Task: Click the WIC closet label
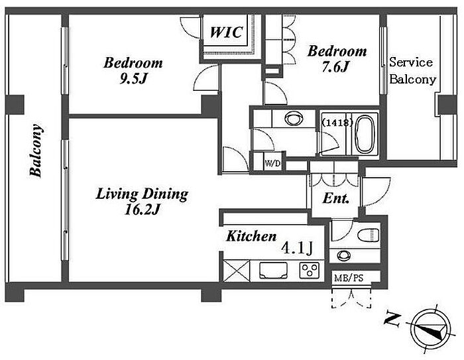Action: click(x=227, y=32)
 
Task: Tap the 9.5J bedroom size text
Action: click(x=133, y=78)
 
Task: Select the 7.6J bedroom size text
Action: click(x=335, y=67)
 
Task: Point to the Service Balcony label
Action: click(x=412, y=70)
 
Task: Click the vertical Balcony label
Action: click(x=36, y=150)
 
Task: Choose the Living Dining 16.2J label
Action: click(x=142, y=202)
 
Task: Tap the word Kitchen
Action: click(x=251, y=236)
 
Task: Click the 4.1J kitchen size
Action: click(x=297, y=248)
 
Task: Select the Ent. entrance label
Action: click(x=335, y=198)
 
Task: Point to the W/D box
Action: click(x=272, y=163)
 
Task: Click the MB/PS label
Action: click(x=349, y=278)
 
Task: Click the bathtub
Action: click(x=365, y=134)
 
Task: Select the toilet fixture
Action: click(x=369, y=235)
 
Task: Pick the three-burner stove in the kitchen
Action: click(x=310, y=270)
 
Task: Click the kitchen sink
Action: click(x=273, y=270)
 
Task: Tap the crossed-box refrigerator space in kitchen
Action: click(x=237, y=270)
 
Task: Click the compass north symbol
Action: click(x=432, y=329)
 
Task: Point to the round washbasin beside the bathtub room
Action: click(x=294, y=119)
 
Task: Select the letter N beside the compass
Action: click(x=392, y=320)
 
